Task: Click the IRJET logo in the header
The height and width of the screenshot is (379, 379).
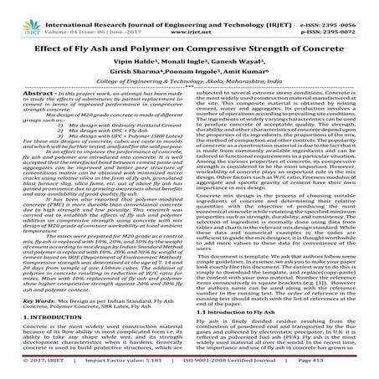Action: [17, 12]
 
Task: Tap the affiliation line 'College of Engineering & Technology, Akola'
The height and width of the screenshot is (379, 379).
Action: [189, 96]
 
